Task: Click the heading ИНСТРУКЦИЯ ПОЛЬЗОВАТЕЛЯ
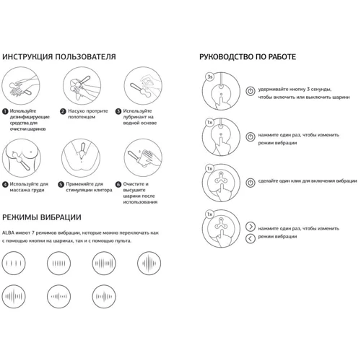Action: click(x=59, y=57)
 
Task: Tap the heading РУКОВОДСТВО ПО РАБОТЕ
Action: click(x=248, y=57)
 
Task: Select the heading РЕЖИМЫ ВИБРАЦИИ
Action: click(x=42, y=217)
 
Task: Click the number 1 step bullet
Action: click(x=5, y=111)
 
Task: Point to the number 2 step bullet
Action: click(x=63, y=111)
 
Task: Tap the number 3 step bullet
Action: click(x=118, y=111)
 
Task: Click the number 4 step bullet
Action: click(x=5, y=185)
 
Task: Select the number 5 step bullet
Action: click(x=61, y=185)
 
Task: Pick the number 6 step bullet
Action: click(x=118, y=185)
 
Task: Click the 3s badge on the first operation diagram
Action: click(x=210, y=77)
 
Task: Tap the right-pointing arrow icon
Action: click(x=251, y=227)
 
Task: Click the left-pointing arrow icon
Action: click(x=251, y=239)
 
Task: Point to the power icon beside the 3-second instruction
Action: click(x=251, y=91)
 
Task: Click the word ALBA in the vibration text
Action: click(x=8, y=233)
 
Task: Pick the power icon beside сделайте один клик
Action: click(x=251, y=183)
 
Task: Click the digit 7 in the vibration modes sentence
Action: click(x=33, y=233)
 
